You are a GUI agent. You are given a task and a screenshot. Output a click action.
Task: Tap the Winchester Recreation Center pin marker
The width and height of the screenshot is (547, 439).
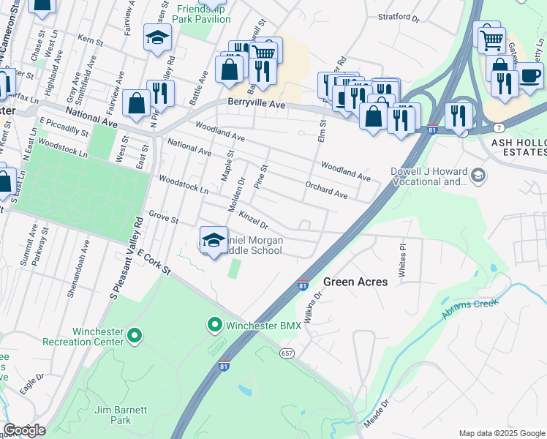click(x=134, y=336)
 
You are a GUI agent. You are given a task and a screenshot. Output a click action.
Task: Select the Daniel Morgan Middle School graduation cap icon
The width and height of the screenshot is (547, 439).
click(x=213, y=240)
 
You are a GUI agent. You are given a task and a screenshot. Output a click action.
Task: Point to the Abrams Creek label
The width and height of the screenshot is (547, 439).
click(x=469, y=308)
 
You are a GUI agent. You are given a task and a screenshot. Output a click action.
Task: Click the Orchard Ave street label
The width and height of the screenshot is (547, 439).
click(x=326, y=190)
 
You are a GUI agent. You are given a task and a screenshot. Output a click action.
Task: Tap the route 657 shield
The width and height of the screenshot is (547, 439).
click(x=287, y=353)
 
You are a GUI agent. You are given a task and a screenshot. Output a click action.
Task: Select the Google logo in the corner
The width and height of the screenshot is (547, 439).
click(x=24, y=429)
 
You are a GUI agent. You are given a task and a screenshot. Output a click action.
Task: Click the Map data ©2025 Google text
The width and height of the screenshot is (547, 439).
click(x=502, y=433)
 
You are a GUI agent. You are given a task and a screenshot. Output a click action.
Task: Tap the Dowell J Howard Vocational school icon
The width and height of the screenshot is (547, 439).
click(x=478, y=175)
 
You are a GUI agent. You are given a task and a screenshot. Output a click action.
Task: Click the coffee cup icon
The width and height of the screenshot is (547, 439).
click(x=530, y=75)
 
